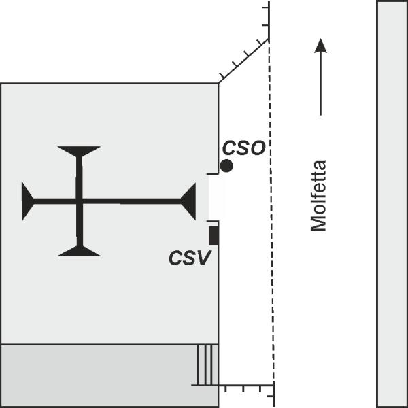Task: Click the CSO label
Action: point(244,148)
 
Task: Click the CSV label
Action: point(190,258)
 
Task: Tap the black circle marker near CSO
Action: point(226,166)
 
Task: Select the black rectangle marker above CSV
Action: point(214,236)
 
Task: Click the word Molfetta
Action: point(318,196)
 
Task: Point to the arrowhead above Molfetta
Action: point(320,46)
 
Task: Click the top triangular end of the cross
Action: point(79,152)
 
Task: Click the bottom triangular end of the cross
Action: point(80,251)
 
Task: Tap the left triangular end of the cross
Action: point(28,201)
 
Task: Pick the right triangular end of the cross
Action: point(188,201)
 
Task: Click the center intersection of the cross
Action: point(80,201)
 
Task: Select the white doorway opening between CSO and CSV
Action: point(216,197)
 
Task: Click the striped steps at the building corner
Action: point(208,364)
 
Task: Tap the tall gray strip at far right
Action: point(392,204)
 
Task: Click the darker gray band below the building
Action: point(109,375)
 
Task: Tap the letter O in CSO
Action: point(258,148)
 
